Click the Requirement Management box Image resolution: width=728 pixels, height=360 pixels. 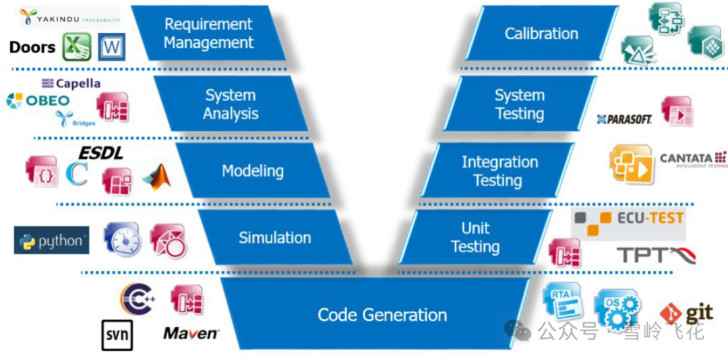click(x=208, y=34)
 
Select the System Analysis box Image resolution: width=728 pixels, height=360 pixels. click(x=231, y=104)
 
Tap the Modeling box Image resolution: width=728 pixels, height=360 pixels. click(x=253, y=171)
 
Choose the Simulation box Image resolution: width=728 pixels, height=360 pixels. click(x=274, y=237)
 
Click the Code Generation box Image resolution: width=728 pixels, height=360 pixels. click(x=382, y=315)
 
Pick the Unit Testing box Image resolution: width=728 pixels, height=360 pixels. click(x=475, y=237)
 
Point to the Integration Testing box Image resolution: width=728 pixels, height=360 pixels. click(x=499, y=171)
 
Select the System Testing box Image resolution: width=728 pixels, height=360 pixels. click(x=520, y=104)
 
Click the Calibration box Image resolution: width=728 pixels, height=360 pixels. click(x=541, y=34)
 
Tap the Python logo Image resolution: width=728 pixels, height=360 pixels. click(x=52, y=241)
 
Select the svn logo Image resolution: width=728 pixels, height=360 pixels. click(x=117, y=335)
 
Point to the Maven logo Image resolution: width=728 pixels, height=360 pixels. click(x=191, y=332)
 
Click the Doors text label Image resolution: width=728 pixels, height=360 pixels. click(x=32, y=47)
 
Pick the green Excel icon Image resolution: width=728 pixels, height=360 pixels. click(x=77, y=47)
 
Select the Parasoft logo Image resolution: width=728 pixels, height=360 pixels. click(x=624, y=119)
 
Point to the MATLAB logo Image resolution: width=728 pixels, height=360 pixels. click(x=157, y=176)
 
